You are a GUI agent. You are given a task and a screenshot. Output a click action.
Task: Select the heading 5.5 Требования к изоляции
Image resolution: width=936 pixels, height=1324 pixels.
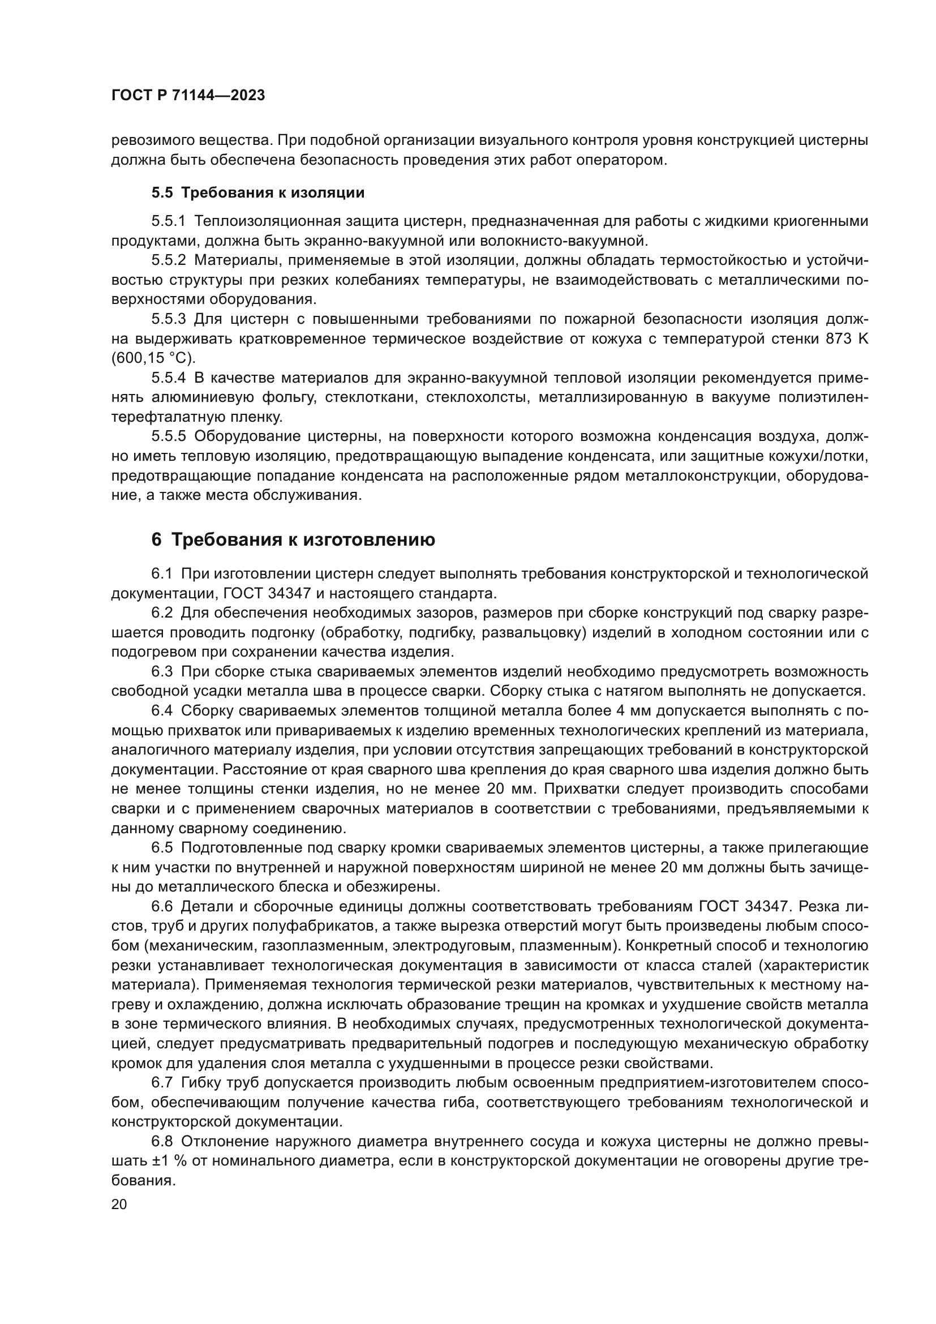pyautogui.click(x=257, y=192)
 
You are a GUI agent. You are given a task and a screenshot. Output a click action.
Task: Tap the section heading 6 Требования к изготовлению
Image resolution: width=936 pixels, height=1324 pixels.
pyautogui.click(x=293, y=540)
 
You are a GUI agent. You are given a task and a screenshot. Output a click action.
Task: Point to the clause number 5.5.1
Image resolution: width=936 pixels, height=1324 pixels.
pyautogui.click(x=169, y=221)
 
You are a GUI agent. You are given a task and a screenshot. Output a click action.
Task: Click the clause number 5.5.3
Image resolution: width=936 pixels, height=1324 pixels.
pyautogui.click(x=169, y=319)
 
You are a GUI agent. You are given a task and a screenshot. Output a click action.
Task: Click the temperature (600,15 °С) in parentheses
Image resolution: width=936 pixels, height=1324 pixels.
pyautogui.click(x=153, y=358)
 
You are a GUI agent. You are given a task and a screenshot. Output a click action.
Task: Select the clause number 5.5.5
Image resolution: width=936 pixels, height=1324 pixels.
pyautogui.click(x=169, y=437)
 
